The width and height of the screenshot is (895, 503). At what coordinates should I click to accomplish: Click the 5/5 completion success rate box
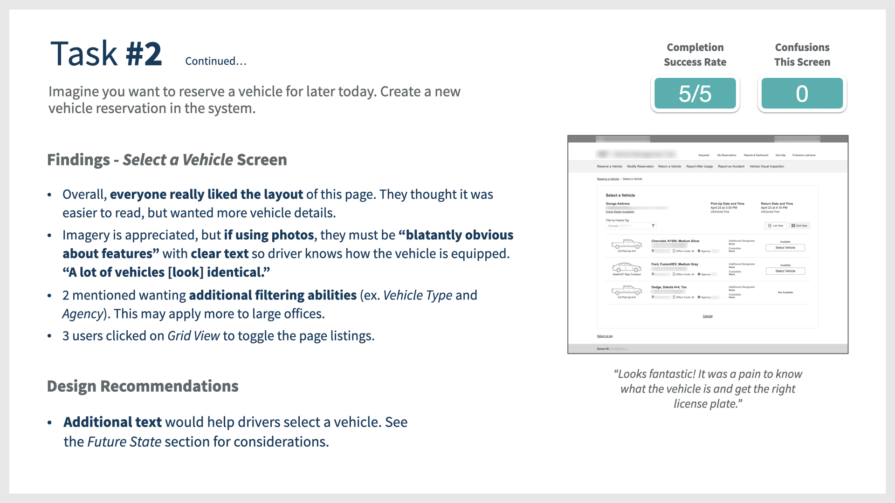(x=695, y=94)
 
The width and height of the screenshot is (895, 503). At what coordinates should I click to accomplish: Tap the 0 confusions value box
(x=802, y=94)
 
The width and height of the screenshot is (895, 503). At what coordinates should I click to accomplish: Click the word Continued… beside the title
(x=215, y=61)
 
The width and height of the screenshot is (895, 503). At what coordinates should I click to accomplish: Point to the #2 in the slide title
(x=144, y=54)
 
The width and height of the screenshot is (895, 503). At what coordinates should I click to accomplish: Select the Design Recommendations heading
(x=143, y=386)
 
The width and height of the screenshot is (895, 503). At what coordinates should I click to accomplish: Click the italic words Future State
(x=124, y=442)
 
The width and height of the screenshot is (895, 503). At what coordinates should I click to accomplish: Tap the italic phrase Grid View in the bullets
(x=193, y=336)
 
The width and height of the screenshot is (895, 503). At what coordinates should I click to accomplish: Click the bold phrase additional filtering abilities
(x=273, y=295)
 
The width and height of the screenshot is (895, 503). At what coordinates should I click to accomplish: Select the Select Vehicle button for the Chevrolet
(x=785, y=248)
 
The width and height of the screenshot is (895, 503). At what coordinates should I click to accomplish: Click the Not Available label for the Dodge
(x=785, y=292)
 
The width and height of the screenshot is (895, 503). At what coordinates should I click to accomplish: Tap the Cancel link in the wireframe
(x=708, y=316)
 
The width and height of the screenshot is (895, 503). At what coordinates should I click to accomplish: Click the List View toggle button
(x=775, y=226)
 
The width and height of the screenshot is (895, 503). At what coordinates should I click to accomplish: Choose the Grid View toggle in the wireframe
(x=799, y=226)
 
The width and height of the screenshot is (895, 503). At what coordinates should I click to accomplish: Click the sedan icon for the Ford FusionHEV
(x=626, y=267)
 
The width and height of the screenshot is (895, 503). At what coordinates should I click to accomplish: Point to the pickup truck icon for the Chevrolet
(x=626, y=244)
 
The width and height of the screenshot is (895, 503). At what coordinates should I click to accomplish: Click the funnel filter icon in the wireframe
(x=653, y=226)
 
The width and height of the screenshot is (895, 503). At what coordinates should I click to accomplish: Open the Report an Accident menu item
(x=731, y=166)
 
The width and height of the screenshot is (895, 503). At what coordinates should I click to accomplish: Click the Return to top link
(x=605, y=336)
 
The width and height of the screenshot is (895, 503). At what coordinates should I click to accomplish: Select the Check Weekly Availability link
(x=620, y=212)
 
